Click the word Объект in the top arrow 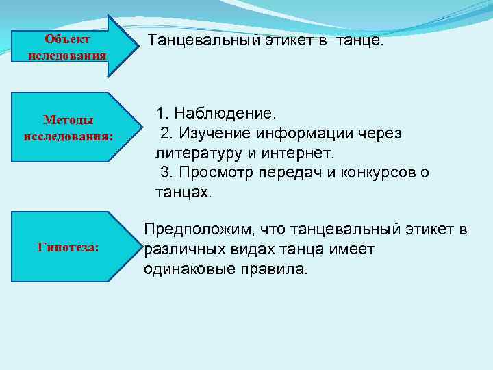point(67,40)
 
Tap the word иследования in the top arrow point(67,55)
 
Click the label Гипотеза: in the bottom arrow point(68,247)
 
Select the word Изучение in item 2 point(212,132)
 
